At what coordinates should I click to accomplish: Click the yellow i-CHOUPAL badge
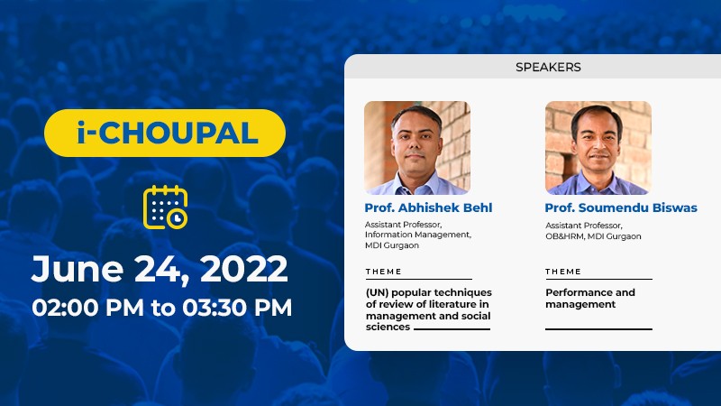pos(165,133)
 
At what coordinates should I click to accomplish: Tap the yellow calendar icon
pos(166,208)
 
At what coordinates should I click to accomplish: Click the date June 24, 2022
pos(160,269)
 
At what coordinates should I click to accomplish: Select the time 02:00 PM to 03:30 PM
pos(162,307)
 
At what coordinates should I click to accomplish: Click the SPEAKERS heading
pos(548,67)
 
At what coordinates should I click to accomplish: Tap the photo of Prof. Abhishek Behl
pos(417,148)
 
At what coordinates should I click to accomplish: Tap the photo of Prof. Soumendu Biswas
pos(598,148)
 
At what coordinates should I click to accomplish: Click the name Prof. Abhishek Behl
pos(428,208)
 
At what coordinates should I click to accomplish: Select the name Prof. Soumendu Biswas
pos(621,208)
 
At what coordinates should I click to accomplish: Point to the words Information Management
pos(418,235)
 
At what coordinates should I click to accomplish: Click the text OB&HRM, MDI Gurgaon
pos(593,236)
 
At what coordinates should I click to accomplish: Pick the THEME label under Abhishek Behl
pos(384,272)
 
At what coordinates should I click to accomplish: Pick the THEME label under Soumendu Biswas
pos(563,272)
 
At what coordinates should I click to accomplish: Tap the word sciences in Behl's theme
pos(388,327)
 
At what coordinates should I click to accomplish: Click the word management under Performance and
pos(580,304)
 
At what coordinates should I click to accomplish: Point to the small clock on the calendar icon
pos(177,218)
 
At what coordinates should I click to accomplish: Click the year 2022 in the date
pos(244,269)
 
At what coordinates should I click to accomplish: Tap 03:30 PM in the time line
pos(237,307)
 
